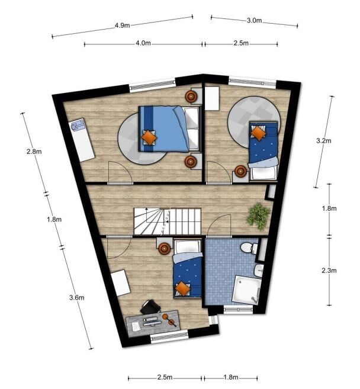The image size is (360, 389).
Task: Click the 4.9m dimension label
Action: [x=122, y=25]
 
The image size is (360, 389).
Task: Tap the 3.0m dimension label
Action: [x=254, y=20]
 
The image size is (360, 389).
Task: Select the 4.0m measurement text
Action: [x=143, y=43]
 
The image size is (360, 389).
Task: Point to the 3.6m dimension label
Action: [x=76, y=297]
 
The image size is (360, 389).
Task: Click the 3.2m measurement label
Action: [x=323, y=141]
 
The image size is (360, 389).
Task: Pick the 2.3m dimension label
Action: [x=329, y=271]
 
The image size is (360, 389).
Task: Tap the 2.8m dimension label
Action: [x=34, y=152]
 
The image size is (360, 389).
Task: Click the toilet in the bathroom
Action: [x=249, y=248]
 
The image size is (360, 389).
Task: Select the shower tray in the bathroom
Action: [x=247, y=290]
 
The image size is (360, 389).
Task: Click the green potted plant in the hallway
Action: [x=258, y=216]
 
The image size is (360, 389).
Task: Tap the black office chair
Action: [x=150, y=307]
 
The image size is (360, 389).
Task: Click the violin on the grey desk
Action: [x=169, y=320]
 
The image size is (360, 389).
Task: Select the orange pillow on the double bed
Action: [x=149, y=137]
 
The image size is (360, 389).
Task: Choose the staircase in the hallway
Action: [x=167, y=221]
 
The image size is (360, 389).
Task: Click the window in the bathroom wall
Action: [x=238, y=310]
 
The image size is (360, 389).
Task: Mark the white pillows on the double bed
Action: [x=192, y=128]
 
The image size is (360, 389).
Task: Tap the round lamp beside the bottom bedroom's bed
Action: [x=165, y=248]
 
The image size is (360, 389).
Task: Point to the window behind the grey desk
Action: [x=169, y=337]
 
